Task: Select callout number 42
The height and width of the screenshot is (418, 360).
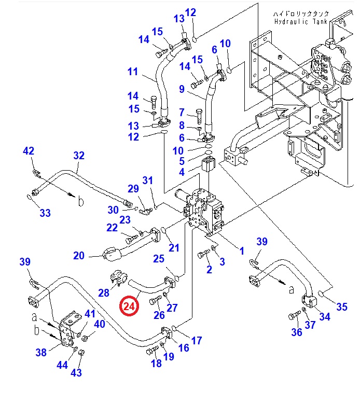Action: [29, 151]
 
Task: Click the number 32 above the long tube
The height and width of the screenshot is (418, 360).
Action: [78, 155]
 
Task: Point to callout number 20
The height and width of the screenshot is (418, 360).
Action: [79, 255]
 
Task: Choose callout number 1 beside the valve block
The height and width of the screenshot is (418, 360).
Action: [241, 251]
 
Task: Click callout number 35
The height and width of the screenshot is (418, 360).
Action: [341, 306]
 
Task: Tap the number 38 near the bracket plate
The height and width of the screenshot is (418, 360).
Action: [41, 353]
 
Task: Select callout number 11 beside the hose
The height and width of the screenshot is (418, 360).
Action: [133, 72]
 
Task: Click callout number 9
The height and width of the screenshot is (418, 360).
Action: [182, 89]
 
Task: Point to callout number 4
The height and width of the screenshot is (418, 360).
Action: [182, 172]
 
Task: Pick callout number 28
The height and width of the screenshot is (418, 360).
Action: [104, 293]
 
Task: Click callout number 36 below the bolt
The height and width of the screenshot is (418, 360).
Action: [296, 332]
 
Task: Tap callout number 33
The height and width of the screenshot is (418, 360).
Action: [45, 213]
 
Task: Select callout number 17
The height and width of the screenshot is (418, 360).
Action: [196, 341]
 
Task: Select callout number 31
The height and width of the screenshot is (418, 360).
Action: [148, 180]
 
